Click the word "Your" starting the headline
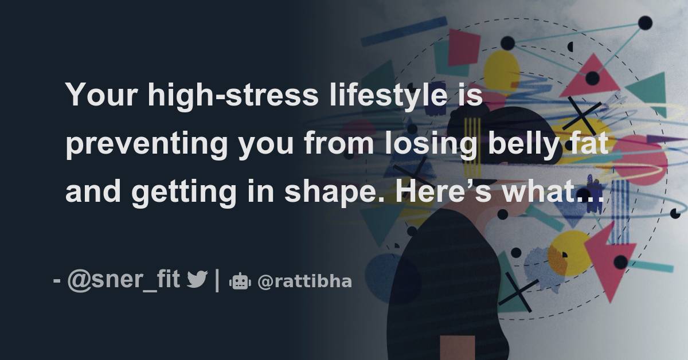[x=102, y=94]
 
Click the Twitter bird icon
[x=197, y=280]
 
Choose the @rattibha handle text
[x=304, y=281]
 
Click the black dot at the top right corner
[x=645, y=23]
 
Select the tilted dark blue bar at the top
[x=404, y=31]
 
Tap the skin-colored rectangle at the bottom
[x=457, y=347]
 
